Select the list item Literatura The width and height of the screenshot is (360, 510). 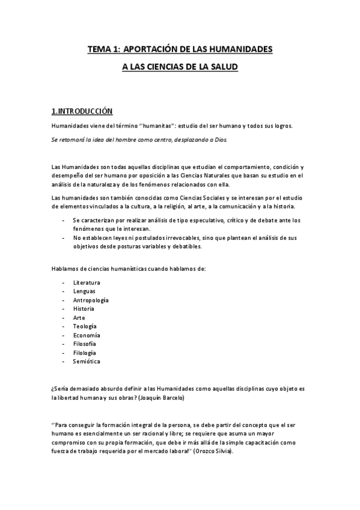pyautogui.click(x=87, y=282)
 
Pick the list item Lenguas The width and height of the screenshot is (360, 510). pyautogui.click(x=84, y=291)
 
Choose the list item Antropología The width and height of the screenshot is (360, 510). pyautogui.click(x=91, y=300)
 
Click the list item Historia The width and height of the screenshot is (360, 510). pyautogui.click(x=84, y=309)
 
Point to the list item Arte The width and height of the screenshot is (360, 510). pyautogui.click(x=79, y=317)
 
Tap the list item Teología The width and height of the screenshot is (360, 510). pyautogui.click(x=85, y=326)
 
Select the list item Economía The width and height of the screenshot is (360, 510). pyautogui.click(x=87, y=335)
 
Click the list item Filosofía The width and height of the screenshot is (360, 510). pyautogui.click(x=85, y=343)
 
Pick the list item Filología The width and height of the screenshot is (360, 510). pyautogui.click(x=84, y=352)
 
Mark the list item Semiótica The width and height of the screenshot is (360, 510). pyautogui.click(x=87, y=361)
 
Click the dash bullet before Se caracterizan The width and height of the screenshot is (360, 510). pyautogui.click(x=65, y=221)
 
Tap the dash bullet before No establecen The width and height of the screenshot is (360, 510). pyautogui.click(x=65, y=238)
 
